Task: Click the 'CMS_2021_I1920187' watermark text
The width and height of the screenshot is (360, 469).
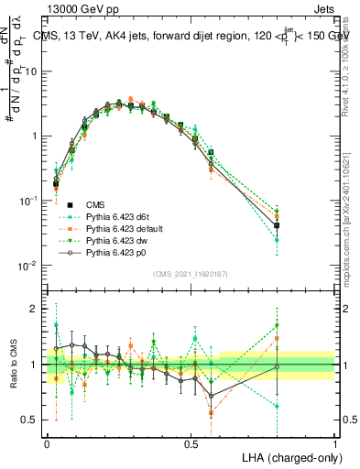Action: pos(190,273)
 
